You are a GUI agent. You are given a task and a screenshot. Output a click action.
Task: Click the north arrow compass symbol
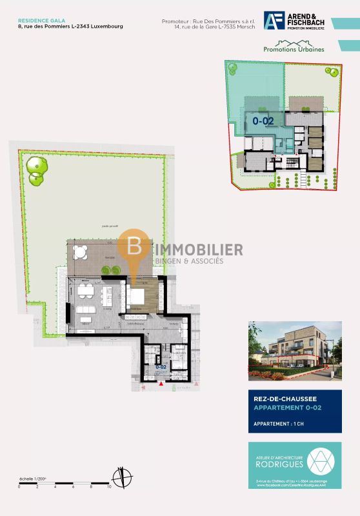point(121,478)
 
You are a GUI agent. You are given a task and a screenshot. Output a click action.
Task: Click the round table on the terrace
point(80,251)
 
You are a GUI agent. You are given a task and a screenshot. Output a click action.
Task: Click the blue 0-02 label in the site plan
point(263,120)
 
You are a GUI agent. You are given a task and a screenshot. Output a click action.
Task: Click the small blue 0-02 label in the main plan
point(161,366)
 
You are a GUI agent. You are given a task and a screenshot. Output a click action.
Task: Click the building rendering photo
point(294,352)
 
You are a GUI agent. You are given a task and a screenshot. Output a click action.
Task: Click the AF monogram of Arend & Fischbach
point(274,21)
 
